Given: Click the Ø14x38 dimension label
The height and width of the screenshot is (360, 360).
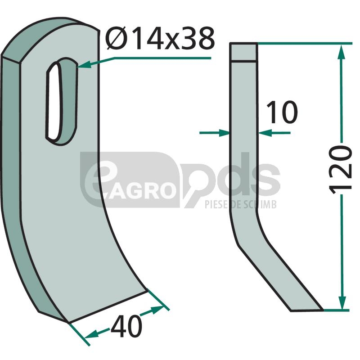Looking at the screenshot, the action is (x=161, y=39).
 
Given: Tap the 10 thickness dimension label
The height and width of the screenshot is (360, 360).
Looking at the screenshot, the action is (x=282, y=112).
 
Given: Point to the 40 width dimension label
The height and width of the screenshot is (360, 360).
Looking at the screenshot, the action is (x=126, y=326).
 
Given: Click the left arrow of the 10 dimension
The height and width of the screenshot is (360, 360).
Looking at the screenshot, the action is (x=215, y=133).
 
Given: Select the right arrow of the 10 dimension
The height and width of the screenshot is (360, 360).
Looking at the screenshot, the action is (x=274, y=133).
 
